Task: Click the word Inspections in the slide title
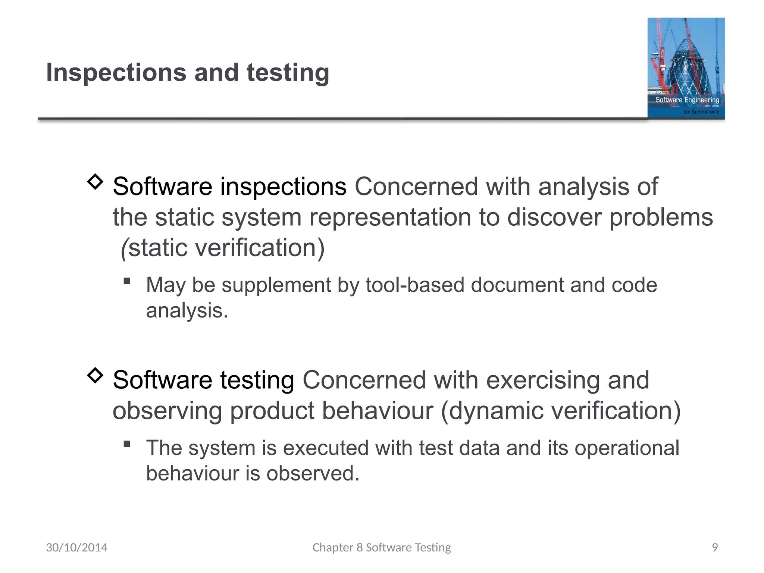(116, 73)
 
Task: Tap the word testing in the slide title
(288, 73)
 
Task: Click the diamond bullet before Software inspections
(95, 182)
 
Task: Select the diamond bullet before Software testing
(95, 375)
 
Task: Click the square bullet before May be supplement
(127, 281)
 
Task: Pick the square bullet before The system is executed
(127, 444)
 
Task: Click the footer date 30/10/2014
(76, 547)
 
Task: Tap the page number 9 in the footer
(715, 547)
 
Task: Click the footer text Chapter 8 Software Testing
(382, 547)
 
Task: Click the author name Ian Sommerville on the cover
(701, 112)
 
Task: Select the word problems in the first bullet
(661, 217)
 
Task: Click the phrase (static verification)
(223, 248)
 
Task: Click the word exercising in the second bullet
(543, 380)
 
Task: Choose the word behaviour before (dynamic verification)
(377, 411)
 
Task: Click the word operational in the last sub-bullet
(626, 448)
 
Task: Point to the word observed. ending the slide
(313, 473)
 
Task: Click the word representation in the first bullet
(390, 217)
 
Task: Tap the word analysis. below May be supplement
(187, 311)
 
